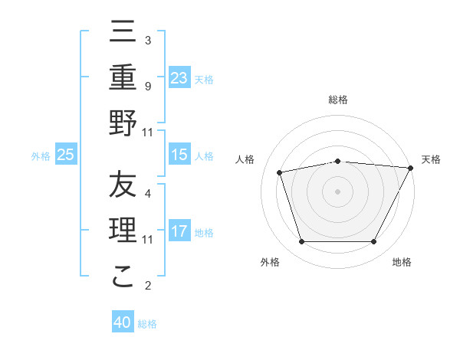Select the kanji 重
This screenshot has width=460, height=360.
point(123,78)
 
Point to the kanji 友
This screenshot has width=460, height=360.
point(123,185)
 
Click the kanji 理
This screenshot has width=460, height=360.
point(123,231)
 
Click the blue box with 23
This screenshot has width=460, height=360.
point(179,77)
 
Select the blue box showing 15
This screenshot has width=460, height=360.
point(179,155)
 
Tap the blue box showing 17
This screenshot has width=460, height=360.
point(179,231)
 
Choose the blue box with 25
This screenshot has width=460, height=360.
point(66,155)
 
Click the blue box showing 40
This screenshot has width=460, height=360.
point(123,322)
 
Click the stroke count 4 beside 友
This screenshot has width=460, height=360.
point(147,194)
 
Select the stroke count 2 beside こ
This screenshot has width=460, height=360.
point(147,286)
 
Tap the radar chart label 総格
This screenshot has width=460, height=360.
point(338,100)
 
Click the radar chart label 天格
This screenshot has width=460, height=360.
point(431,159)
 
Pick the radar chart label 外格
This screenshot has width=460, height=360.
point(270,263)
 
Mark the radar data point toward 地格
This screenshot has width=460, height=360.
point(374,242)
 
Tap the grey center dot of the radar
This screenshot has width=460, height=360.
point(337,191)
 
